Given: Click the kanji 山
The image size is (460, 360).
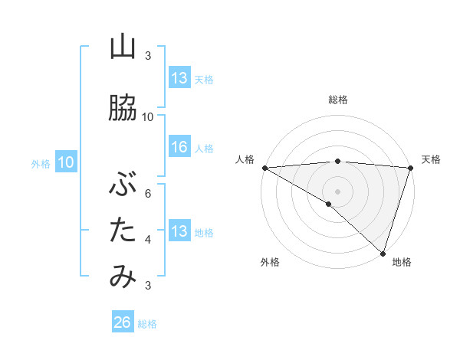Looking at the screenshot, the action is [x=123, y=47].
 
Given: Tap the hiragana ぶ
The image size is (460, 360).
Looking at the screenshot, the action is [x=123, y=184].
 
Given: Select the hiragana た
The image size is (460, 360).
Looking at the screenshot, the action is [x=123, y=229].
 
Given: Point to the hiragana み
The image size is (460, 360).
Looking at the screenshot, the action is [x=123, y=277].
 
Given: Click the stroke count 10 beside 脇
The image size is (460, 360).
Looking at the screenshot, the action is [x=148, y=116].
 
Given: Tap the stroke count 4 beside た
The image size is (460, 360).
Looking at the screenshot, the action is [x=148, y=239].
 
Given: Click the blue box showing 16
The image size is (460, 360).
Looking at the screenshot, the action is [x=179, y=148].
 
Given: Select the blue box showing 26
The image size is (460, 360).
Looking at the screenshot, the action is [x=123, y=322].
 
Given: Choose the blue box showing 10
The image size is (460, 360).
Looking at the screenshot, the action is [x=66, y=162].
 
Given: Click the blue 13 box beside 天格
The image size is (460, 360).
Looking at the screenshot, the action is [x=179, y=78].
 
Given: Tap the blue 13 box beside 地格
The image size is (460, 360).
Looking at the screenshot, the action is [x=179, y=231].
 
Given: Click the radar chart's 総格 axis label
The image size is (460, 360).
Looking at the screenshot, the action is [x=338, y=100].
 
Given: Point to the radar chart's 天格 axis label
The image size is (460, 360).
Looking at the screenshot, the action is [x=431, y=159].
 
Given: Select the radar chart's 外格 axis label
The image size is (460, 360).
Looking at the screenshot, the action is [x=269, y=262].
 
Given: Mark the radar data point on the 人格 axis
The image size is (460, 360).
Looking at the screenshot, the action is [x=264, y=168].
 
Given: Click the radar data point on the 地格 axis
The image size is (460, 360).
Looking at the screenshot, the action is [x=383, y=252].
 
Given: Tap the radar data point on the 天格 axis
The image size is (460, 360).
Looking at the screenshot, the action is [x=410, y=168].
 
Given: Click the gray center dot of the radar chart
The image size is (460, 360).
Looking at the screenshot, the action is [x=337, y=191].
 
